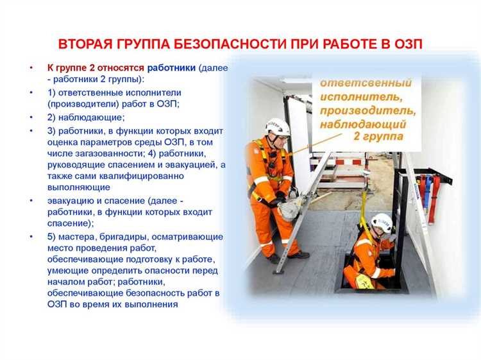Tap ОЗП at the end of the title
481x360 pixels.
pos(408,45)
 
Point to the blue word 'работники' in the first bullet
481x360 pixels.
pos(172,67)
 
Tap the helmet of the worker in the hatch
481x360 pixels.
pos(382,222)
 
